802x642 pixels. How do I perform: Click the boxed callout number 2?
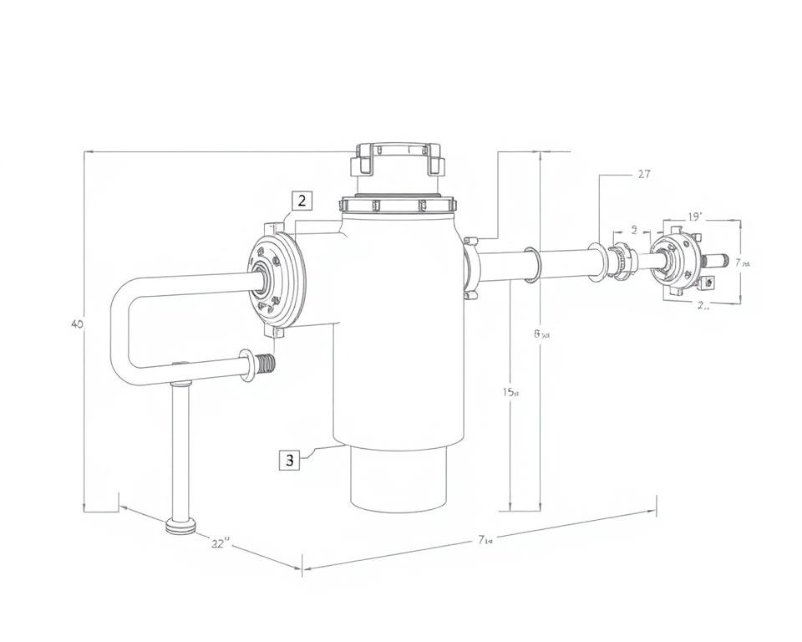point(302,201)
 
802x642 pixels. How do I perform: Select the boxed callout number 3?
point(290,460)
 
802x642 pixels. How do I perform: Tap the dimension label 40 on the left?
point(77,324)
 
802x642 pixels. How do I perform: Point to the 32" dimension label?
point(221,543)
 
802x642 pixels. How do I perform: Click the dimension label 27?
point(643,175)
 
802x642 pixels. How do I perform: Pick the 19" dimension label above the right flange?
point(695,217)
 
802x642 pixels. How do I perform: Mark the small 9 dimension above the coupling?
point(634,228)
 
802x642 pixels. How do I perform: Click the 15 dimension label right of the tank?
point(511,392)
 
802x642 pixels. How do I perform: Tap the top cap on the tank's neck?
point(398,158)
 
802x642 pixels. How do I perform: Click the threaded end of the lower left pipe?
point(266,365)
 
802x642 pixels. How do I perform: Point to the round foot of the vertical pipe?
point(181,527)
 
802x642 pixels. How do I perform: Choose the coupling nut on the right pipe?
point(619,259)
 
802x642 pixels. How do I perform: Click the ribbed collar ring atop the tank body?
point(398,206)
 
